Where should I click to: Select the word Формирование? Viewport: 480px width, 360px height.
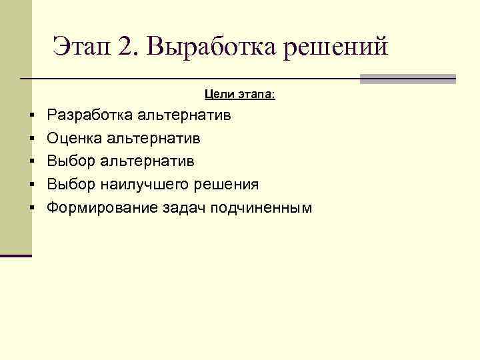102,207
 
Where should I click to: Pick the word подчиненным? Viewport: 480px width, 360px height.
261,207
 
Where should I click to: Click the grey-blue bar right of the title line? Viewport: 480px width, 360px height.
407,79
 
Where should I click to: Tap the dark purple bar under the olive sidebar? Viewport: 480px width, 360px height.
15,255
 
